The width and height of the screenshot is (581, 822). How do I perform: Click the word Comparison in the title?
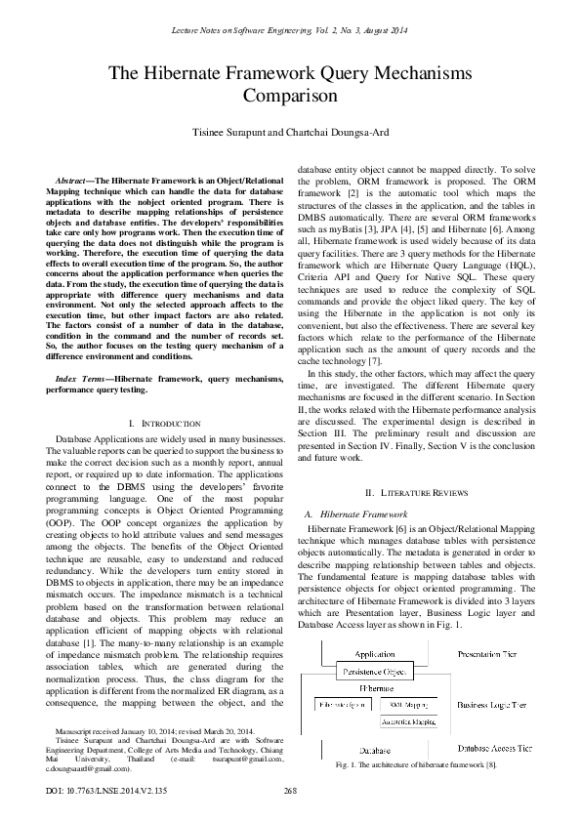pos(290,98)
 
